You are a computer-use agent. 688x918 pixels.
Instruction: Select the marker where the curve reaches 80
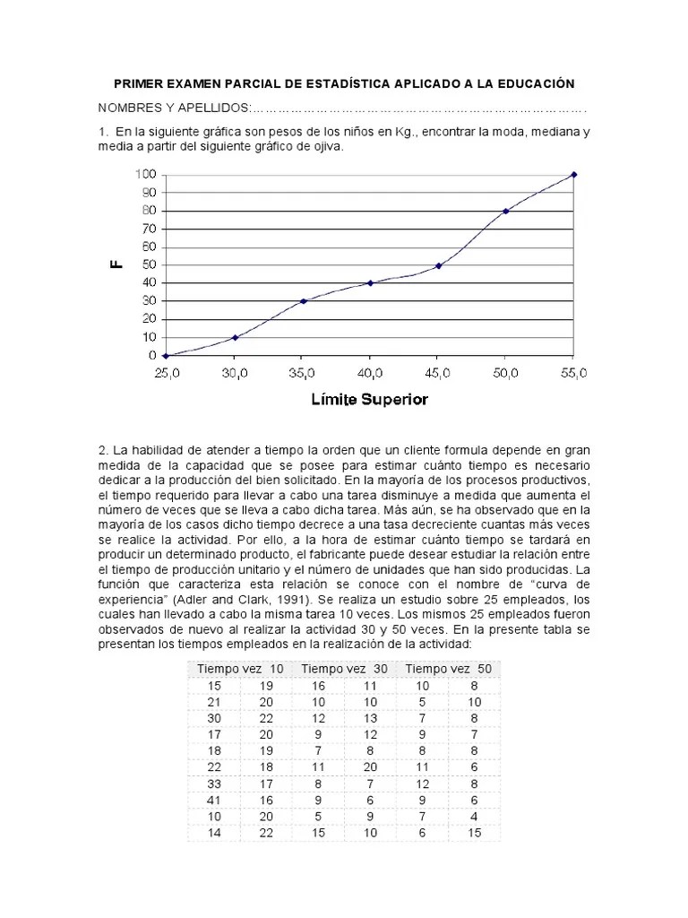(506, 211)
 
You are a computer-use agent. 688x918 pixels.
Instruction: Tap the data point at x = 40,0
(370, 283)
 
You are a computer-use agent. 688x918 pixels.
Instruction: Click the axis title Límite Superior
(369, 400)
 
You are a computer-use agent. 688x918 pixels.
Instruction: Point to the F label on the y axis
(116, 264)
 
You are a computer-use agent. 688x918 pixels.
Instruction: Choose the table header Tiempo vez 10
(240, 669)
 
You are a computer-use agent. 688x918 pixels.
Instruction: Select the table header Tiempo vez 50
(449, 669)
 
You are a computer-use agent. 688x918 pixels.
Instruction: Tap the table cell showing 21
(213, 701)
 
